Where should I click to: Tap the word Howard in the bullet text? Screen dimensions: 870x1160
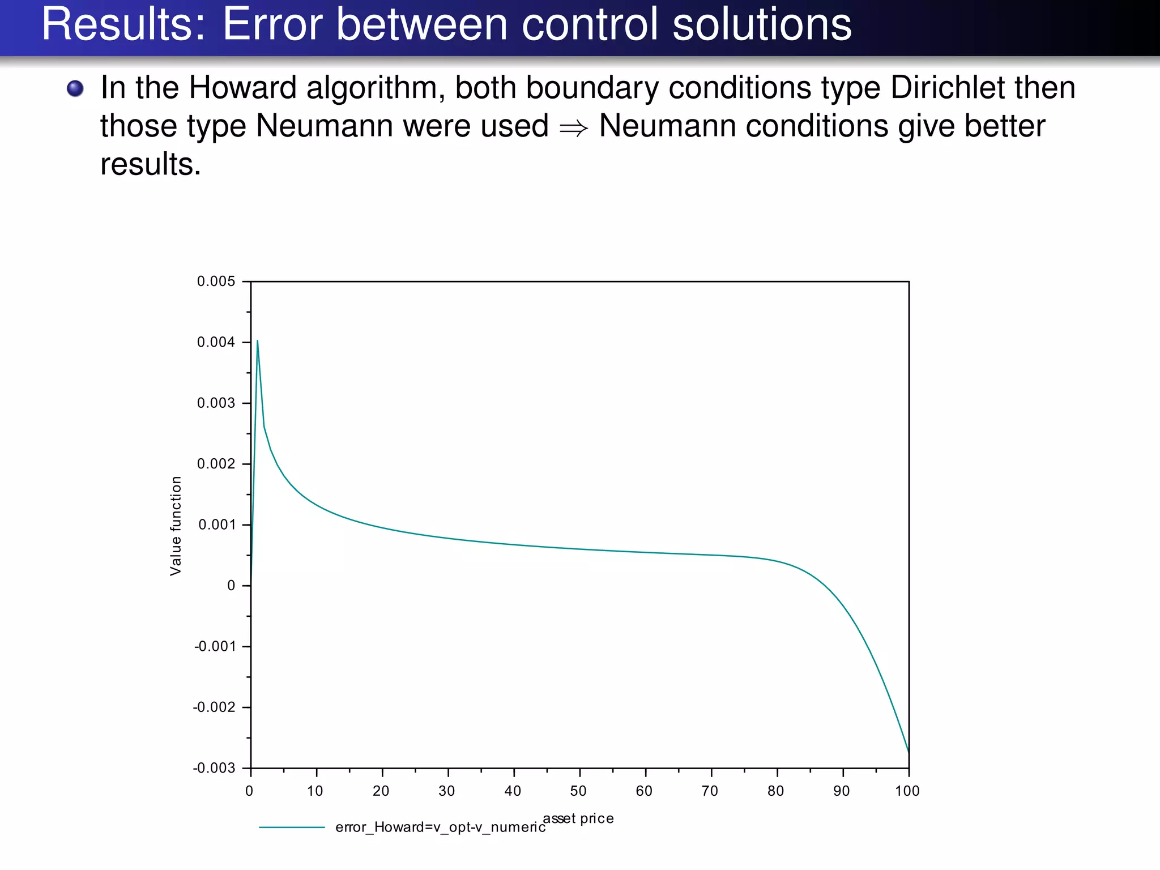(x=242, y=88)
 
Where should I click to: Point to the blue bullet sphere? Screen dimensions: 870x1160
(x=75, y=88)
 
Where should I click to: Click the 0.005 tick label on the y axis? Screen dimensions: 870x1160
(x=216, y=282)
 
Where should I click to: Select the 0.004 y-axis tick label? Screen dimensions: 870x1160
(x=216, y=342)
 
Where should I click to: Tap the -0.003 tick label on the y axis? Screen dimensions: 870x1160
(x=214, y=769)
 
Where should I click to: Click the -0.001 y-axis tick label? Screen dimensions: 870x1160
(x=214, y=647)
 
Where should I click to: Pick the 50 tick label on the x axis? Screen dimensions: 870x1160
(x=578, y=791)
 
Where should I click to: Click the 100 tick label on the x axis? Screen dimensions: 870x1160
(x=907, y=791)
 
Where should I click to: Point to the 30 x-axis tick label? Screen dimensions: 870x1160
(x=447, y=791)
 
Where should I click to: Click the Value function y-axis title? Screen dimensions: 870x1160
(x=176, y=526)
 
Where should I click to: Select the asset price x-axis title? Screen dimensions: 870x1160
(x=579, y=818)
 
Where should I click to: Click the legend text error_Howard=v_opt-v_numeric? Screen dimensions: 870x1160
(x=441, y=828)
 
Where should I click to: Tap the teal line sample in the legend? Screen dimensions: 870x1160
(x=292, y=828)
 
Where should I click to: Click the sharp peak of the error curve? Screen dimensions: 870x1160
(x=258, y=341)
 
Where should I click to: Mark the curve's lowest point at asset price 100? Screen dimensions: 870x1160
(x=909, y=751)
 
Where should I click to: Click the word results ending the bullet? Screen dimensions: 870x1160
(x=150, y=165)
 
